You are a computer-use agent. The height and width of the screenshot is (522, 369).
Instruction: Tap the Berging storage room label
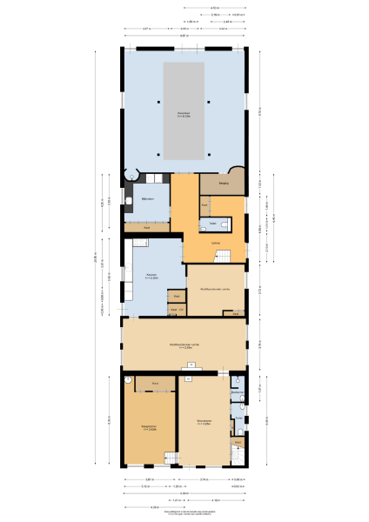(224, 184)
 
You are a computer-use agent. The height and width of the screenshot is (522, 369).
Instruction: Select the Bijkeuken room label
(147, 199)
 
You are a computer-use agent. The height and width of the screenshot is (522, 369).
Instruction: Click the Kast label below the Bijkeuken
(147, 227)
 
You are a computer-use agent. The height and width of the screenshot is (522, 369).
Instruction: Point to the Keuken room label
(151, 277)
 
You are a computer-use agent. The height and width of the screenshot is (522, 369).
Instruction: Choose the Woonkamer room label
(205, 424)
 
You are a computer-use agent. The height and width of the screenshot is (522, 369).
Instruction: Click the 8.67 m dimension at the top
(184, 36)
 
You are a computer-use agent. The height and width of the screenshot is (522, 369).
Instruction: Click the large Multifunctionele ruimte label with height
(184, 346)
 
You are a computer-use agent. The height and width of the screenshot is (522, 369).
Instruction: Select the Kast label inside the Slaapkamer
(155, 383)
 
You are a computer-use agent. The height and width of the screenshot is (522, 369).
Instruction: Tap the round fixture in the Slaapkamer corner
(127, 380)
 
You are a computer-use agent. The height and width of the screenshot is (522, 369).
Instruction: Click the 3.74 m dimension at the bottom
(203, 479)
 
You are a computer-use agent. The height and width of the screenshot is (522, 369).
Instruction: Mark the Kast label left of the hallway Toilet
(205, 205)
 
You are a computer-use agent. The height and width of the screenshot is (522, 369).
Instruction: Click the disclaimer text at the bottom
(184, 514)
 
